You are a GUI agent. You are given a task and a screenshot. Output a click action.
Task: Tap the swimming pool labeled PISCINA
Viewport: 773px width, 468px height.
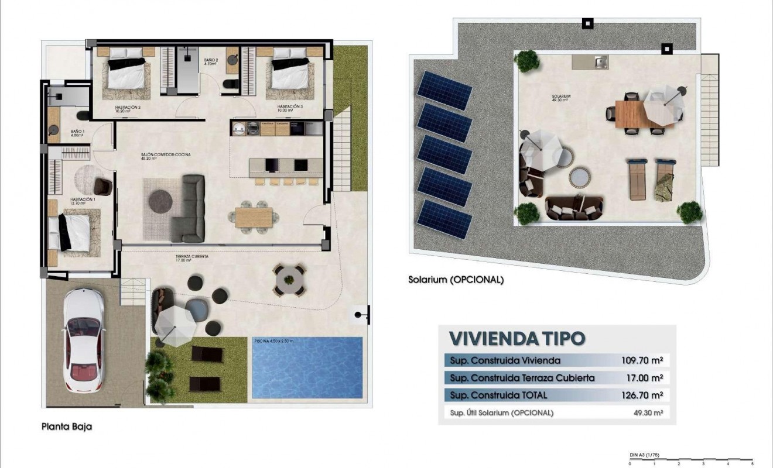[307, 368]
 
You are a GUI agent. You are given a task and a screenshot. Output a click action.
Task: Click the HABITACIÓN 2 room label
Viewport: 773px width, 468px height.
[128, 108]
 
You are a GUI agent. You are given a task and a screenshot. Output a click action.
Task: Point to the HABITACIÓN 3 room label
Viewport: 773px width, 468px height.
[290, 108]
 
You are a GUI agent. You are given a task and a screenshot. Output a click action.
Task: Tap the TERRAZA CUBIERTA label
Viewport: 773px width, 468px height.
[191, 257]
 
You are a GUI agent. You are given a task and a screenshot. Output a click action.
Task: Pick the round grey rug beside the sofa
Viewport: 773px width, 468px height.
[160, 201]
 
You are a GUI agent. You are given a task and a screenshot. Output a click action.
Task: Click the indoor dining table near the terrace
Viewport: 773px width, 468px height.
[254, 217]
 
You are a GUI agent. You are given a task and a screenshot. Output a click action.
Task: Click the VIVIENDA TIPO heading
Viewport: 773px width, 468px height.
[517, 338]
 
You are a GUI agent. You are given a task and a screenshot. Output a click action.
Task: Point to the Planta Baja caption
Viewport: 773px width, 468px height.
[66, 426]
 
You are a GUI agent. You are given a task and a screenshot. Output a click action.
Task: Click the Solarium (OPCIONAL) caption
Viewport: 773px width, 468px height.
[456, 280]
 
